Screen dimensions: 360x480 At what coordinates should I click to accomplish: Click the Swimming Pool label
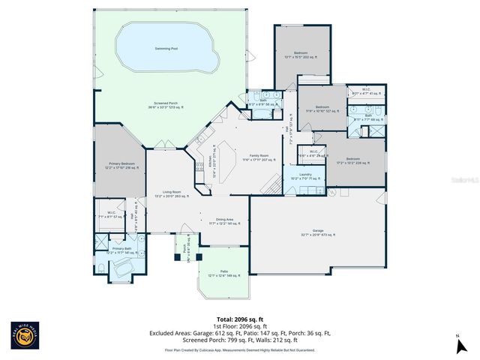(x=166, y=48)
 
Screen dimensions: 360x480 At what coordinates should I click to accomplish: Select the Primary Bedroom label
(x=121, y=164)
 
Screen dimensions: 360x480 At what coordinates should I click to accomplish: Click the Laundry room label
(x=305, y=176)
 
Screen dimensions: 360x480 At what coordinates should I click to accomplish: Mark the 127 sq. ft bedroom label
(x=322, y=109)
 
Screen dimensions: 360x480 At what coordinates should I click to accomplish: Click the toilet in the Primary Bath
(x=101, y=268)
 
